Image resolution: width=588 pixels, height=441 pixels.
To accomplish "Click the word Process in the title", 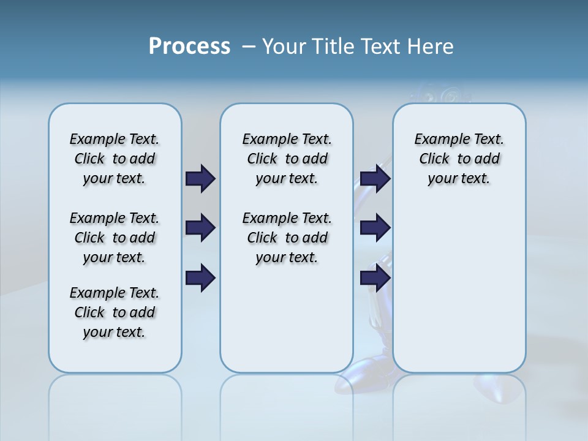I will click(189, 47).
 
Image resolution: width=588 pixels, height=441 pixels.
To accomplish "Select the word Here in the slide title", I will click(431, 47).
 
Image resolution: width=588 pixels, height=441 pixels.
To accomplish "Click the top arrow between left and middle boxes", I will click(200, 179).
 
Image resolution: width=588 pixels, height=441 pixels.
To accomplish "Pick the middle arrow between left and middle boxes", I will click(200, 228).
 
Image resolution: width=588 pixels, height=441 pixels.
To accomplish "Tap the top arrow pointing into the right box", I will click(375, 179).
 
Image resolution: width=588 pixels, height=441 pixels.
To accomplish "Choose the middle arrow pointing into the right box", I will click(375, 228).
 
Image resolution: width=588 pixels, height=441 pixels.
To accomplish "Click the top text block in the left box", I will click(115, 159).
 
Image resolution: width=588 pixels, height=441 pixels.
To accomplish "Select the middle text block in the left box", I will click(115, 238).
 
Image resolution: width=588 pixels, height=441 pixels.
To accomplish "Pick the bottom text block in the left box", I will click(115, 312).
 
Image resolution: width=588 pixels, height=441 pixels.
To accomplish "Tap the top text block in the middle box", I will click(287, 159).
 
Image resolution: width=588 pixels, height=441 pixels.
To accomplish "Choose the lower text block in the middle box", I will click(287, 238).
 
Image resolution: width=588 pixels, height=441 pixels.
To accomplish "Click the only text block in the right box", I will click(459, 159).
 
